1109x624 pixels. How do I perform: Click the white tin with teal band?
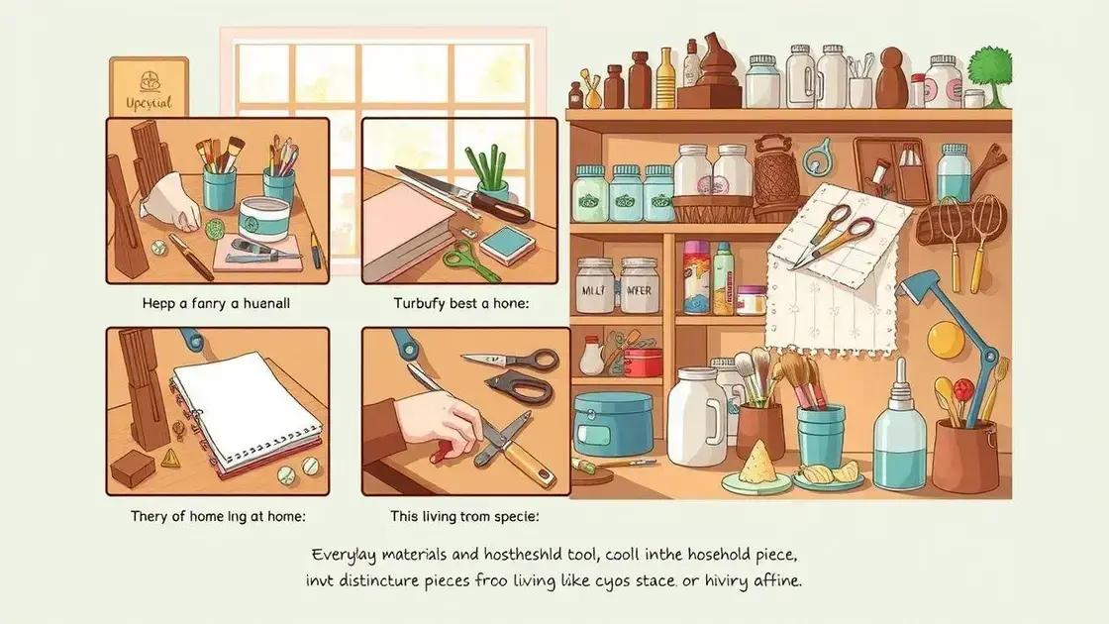tap(264, 217)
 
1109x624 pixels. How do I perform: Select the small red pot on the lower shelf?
tap(644, 361)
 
